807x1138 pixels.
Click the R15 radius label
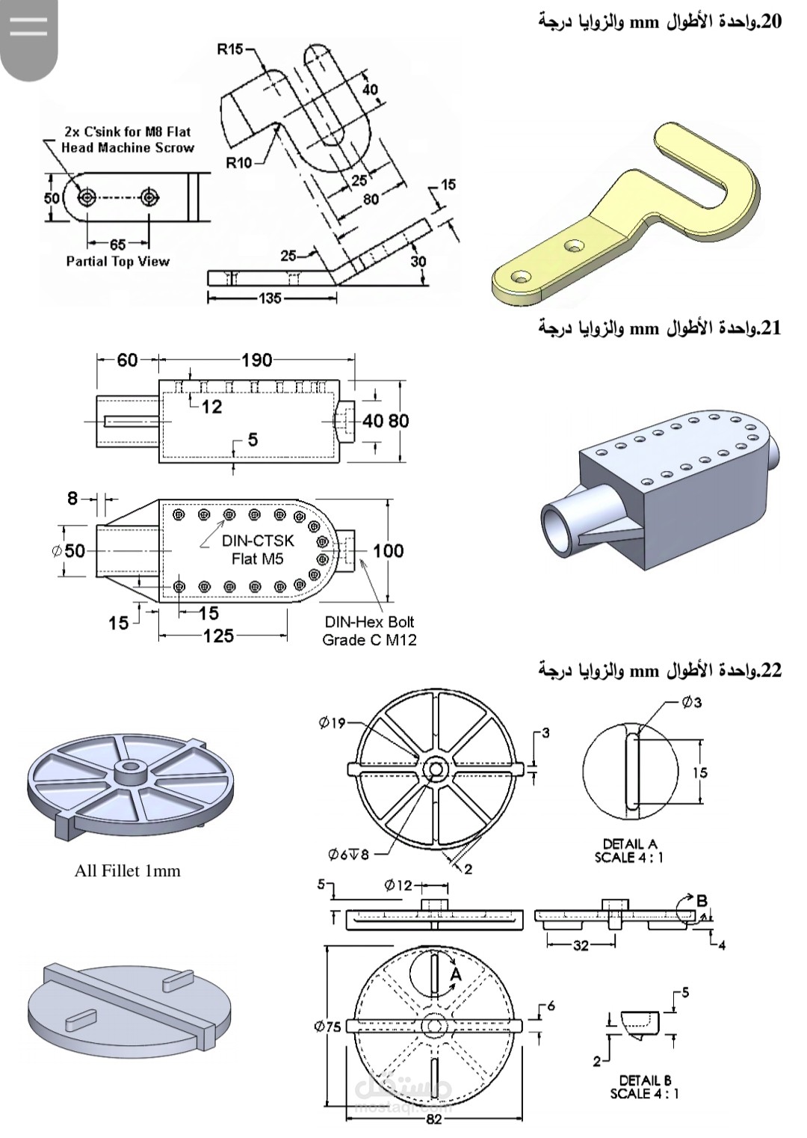point(230,49)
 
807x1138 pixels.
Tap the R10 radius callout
point(239,162)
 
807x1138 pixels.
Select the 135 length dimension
point(270,298)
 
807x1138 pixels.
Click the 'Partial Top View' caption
point(117,262)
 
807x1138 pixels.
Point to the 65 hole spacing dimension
point(117,244)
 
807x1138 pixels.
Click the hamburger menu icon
point(29,28)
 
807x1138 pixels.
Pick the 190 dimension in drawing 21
point(256,360)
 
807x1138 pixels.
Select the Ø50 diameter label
point(69,551)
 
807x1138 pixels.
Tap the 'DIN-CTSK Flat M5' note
point(257,550)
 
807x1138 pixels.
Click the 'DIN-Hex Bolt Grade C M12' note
point(369,630)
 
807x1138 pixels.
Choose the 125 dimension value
point(218,636)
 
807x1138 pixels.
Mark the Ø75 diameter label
point(327,1027)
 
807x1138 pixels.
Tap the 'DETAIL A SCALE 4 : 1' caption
point(628,850)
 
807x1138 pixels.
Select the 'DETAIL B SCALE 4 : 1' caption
point(644,1086)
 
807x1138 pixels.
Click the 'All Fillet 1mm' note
point(127,871)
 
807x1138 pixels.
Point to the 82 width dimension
point(433,1119)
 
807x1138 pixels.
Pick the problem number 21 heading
point(660,327)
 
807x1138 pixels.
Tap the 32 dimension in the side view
point(581,945)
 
